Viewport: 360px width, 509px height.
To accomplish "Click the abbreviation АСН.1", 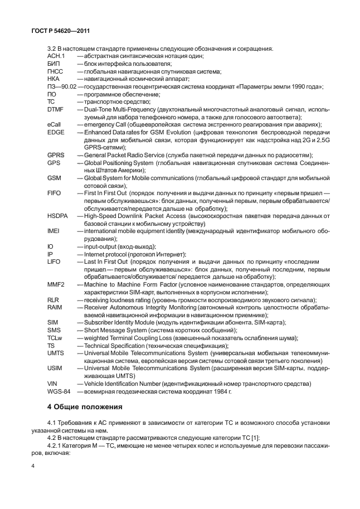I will pyautogui.click(x=57, y=56).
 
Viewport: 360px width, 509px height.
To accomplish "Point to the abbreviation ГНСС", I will pyautogui.click(x=56, y=71).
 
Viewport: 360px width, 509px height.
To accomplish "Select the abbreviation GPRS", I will pyautogui.click(x=57, y=155).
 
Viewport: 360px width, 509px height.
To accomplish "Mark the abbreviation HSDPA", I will pyautogui.click(x=59, y=216).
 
